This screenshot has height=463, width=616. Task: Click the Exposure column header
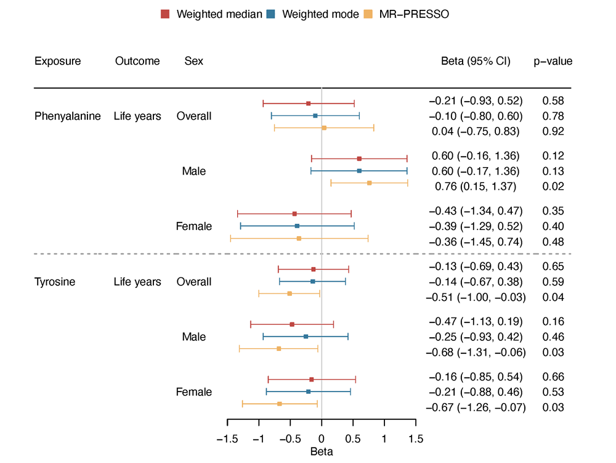57,61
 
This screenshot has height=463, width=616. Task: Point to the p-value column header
553,61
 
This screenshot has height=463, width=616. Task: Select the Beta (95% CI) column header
476,61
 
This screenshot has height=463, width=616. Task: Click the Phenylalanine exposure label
67,116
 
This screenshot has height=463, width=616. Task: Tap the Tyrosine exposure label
55,282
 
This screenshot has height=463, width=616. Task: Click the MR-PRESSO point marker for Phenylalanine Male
370,183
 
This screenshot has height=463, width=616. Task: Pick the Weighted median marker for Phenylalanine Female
294,214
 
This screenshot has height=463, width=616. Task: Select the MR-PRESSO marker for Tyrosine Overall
290,293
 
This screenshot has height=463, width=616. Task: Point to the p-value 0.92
553,131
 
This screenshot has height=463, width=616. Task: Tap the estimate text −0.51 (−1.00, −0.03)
476,297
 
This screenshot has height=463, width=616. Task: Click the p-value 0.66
553,377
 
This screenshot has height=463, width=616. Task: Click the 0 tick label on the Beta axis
322,439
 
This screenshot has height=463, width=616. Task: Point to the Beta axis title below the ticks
322,452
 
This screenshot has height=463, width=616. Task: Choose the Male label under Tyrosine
193,337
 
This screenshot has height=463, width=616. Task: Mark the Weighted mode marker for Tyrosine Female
309,391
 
